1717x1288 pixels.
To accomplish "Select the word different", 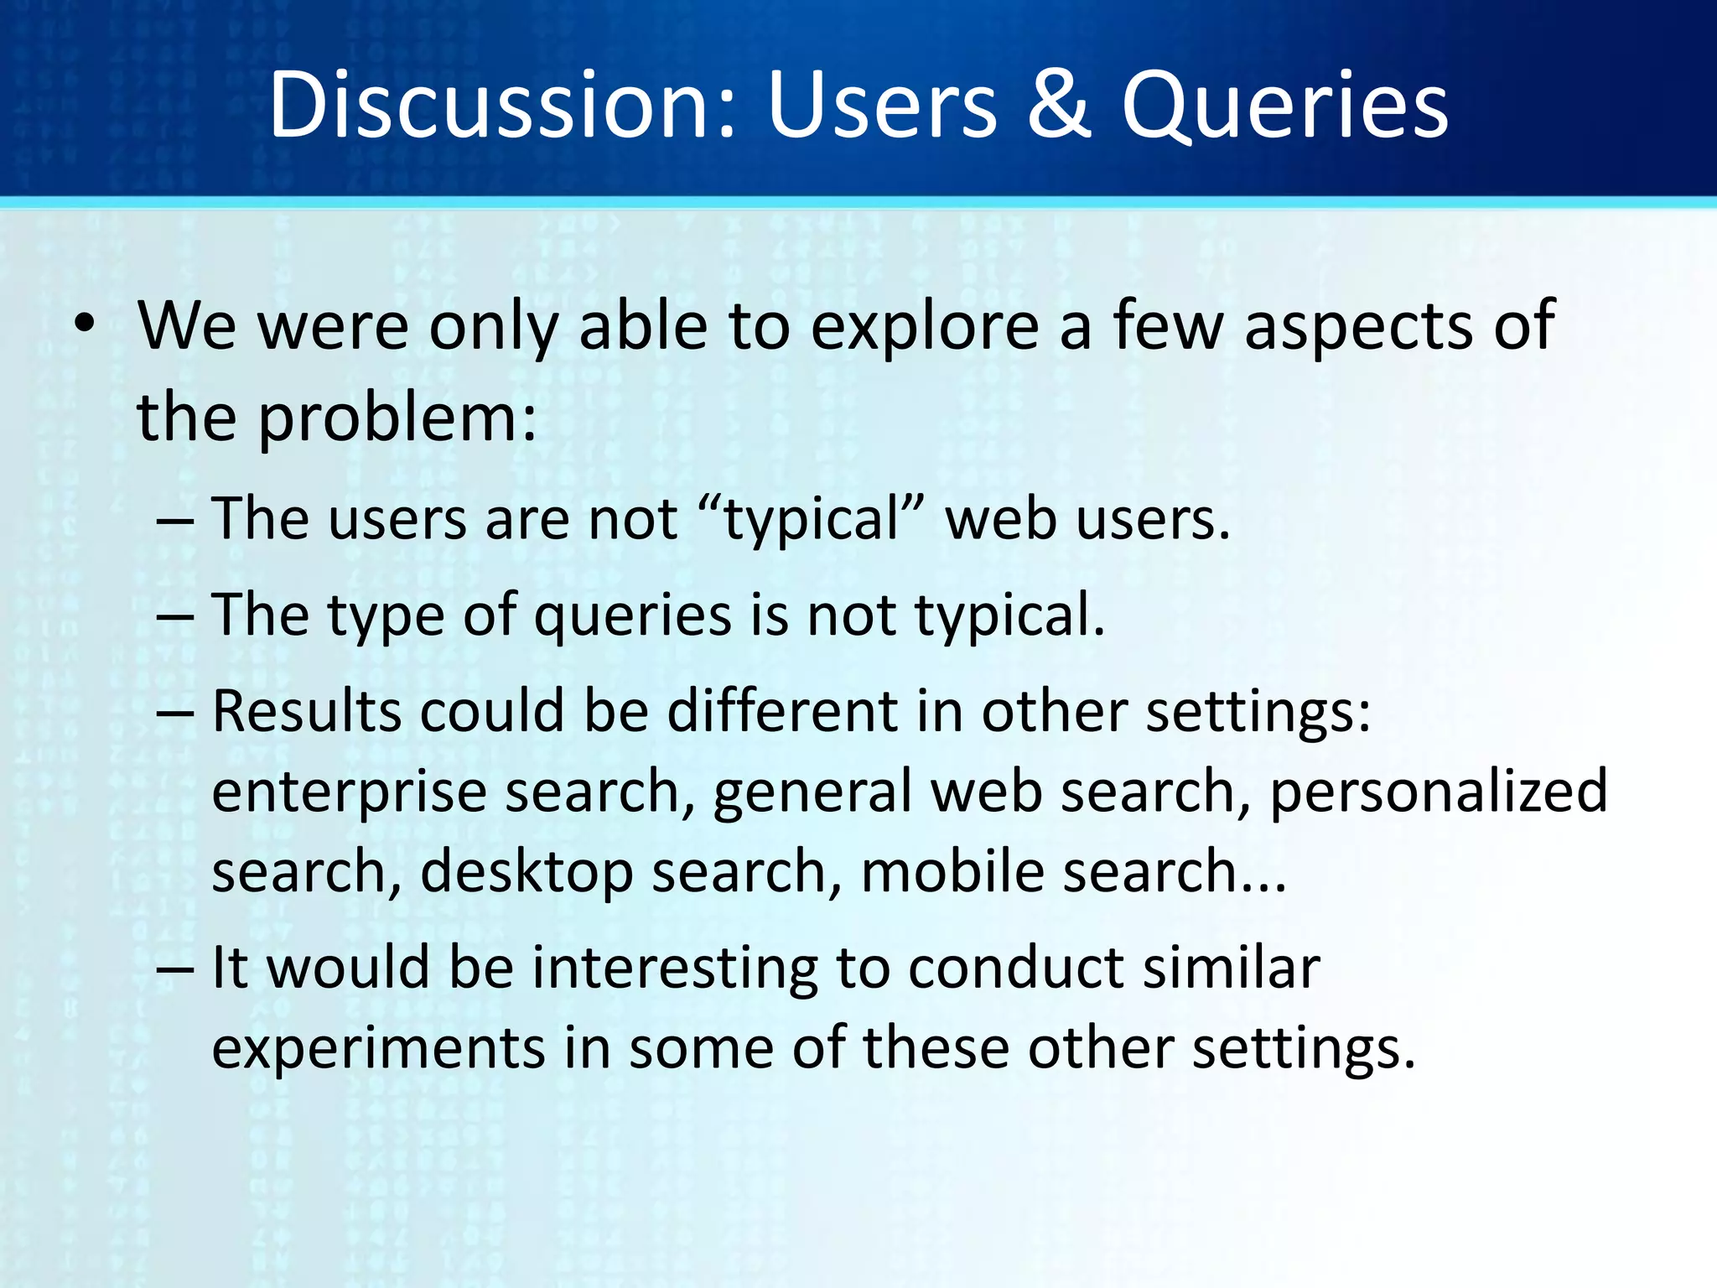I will tap(782, 712).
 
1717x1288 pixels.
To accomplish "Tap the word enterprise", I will tap(349, 793).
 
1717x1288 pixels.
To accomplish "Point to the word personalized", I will tap(1438, 793).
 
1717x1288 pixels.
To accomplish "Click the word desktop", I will tap(526, 873).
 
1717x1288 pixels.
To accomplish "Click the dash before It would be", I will tap(175, 969).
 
